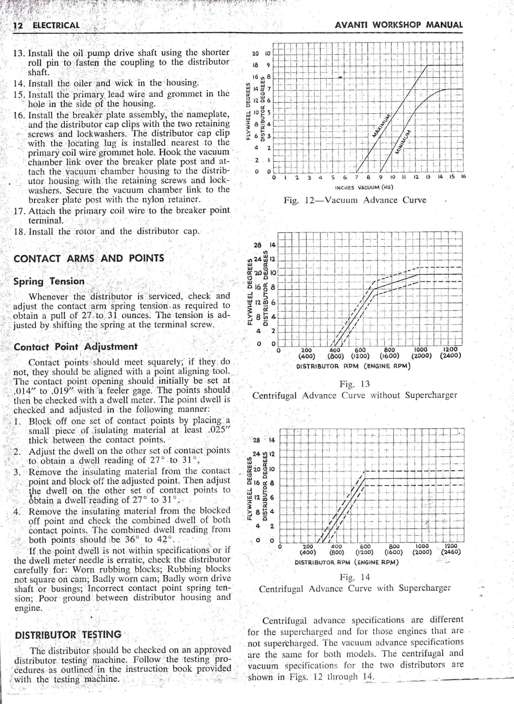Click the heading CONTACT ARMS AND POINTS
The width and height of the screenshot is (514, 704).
(x=89, y=259)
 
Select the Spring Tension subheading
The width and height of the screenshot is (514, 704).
(x=49, y=281)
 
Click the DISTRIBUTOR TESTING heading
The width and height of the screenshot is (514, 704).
(x=68, y=634)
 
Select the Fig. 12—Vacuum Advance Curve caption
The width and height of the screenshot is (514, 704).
(x=355, y=200)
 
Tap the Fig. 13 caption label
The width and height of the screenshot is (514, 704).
(x=354, y=384)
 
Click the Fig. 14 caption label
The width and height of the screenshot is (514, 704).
(x=354, y=577)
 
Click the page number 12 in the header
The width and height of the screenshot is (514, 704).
(x=18, y=25)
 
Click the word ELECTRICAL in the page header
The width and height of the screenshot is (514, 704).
(x=56, y=25)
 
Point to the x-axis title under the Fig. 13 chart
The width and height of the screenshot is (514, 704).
(x=353, y=366)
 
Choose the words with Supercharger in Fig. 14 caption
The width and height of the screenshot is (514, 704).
(x=413, y=588)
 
